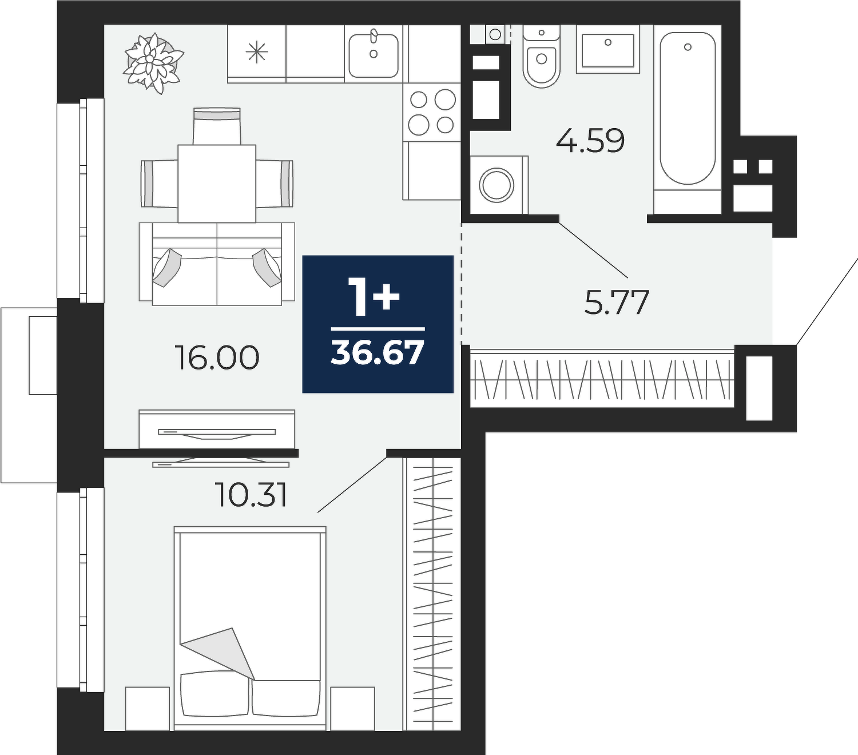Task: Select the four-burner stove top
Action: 431,112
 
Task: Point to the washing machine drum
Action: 496,185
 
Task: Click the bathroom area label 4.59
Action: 590,141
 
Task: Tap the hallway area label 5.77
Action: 617,302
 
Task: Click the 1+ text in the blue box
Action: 374,297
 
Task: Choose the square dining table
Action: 217,184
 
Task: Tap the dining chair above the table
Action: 217,126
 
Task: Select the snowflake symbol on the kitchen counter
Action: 257,53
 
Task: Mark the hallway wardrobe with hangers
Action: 602,378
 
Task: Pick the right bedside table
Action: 353,709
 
